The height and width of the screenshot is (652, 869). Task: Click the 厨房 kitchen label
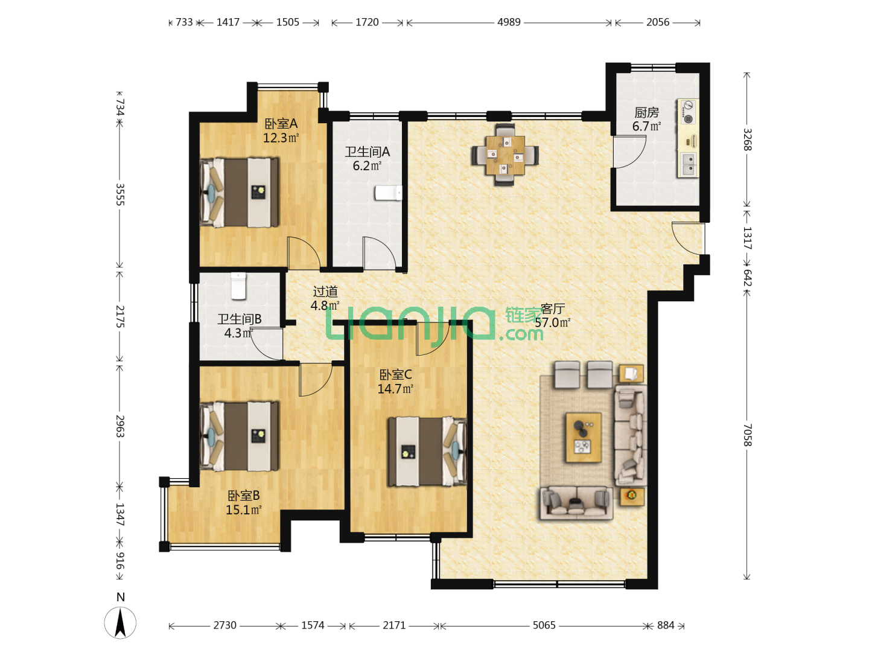tap(646, 113)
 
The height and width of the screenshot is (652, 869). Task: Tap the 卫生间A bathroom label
tap(367, 152)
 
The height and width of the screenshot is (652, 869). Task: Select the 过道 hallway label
tap(325, 292)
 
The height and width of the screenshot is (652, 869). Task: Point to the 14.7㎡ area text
tap(395, 389)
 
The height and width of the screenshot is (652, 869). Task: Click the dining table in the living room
tap(505, 155)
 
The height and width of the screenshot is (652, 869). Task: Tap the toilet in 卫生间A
tap(389, 193)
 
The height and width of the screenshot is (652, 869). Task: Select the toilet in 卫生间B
tap(238, 286)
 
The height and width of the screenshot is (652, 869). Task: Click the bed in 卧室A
tap(239, 193)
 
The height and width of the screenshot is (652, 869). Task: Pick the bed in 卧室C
tap(427, 452)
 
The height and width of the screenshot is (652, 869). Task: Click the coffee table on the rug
tap(584, 438)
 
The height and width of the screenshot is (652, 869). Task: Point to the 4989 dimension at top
tap(509, 22)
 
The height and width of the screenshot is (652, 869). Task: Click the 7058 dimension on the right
tap(746, 435)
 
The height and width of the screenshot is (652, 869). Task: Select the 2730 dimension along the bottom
tap(224, 625)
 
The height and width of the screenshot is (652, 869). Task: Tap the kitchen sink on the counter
tap(688, 165)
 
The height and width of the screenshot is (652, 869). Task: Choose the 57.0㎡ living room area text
tap(552, 322)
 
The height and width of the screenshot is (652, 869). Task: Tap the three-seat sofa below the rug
tap(576, 503)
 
